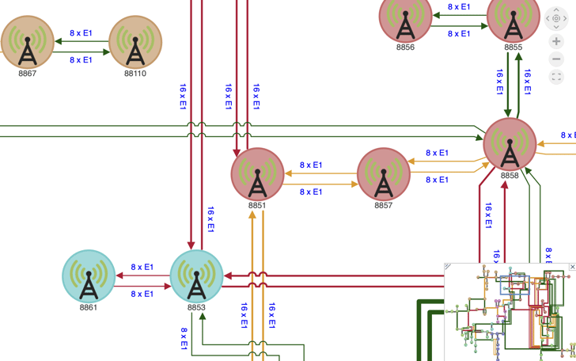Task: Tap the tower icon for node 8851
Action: point(257,174)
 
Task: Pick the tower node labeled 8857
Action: point(384,174)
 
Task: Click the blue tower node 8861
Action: point(89,276)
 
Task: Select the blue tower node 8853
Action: point(196,276)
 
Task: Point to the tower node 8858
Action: point(510,144)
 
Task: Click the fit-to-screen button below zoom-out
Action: point(556,77)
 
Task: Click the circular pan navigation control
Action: point(556,18)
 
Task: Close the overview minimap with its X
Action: point(572,268)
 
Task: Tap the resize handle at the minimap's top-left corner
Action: point(448,268)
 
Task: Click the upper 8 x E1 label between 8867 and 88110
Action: point(81,33)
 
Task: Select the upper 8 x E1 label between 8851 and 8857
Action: point(311,165)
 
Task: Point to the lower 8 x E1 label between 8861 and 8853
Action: point(142,294)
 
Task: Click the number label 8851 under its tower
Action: point(257,206)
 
